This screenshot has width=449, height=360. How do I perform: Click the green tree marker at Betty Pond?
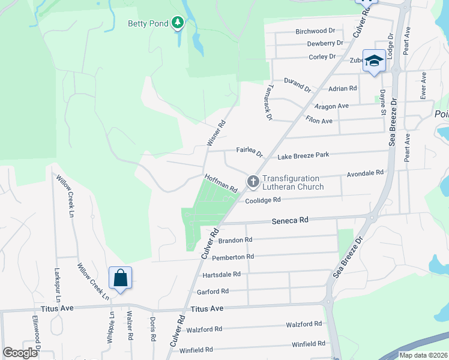(x=177, y=23)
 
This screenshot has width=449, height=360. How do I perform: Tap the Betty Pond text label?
(x=148, y=24)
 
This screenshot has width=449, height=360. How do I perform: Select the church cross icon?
(x=253, y=181)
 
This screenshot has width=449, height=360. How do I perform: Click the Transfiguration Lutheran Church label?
(x=292, y=182)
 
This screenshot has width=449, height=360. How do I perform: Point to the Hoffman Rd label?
(x=221, y=183)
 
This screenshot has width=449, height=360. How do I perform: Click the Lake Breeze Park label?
(x=303, y=156)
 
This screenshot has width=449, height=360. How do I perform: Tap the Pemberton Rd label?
(x=233, y=257)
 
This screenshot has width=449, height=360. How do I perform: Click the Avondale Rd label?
(x=365, y=173)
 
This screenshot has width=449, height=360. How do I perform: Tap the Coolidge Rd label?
(x=263, y=200)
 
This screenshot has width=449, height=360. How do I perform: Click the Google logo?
(x=20, y=353)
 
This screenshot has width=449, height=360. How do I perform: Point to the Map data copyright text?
(x=423, y=355)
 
